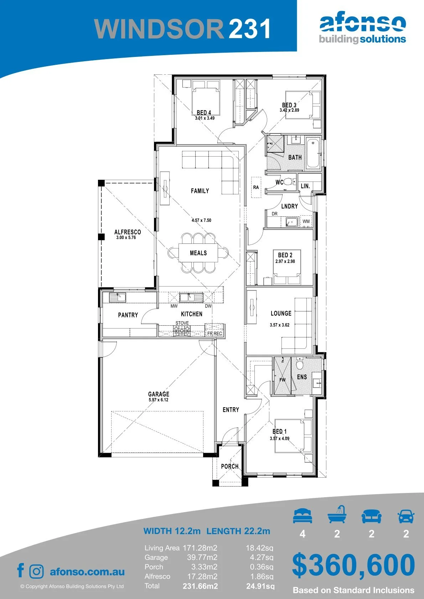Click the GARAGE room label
point(159,394)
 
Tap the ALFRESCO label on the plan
point(128,232)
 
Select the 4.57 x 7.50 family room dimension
point(201,220)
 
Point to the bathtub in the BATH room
point(313,153)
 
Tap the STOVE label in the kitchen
point(182,323)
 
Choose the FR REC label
point(215,333)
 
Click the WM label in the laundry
point(306,221)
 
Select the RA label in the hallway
point(256,188)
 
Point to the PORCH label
point(230,466)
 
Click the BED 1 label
point(279,431)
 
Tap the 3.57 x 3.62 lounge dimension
point(279,325)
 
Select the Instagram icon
point(36,572)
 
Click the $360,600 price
point(353,565)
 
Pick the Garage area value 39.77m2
point(202,557)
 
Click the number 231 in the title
point(249,28)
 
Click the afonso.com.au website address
point(87,572)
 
